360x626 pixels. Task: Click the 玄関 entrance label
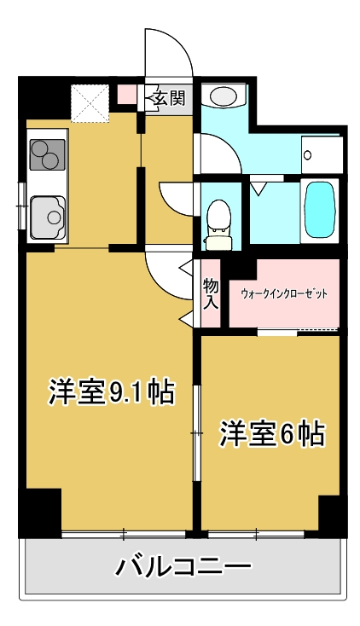coord(170,97)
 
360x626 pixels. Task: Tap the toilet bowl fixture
coord(218,224)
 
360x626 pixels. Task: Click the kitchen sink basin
coord(47,217)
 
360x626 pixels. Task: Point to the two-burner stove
coord(47,154)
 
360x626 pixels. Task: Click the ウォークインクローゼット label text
coord(284,294)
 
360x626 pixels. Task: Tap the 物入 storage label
coord(211,294)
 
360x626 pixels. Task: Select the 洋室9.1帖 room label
coord(111,391)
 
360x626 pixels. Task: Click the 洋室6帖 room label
coord(271,432)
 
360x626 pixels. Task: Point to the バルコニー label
coord(183,565)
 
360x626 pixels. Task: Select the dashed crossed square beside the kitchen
coord(90,102)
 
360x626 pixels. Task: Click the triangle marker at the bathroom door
coord(258,188)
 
